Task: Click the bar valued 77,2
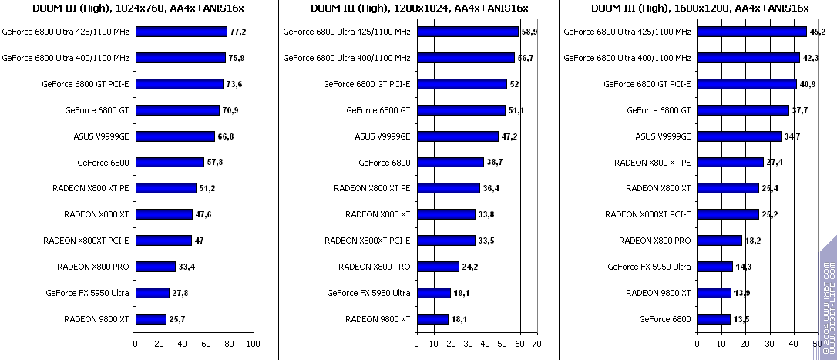(x=181, y=32)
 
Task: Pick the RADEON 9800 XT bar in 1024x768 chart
(x=151, y=319)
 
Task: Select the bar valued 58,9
(x=467, y=32)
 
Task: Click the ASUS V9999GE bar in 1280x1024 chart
(x=457, y=136)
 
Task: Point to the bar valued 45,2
(x=751, y=32)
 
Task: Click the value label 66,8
(x=226, y=136)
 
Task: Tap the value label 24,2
(x=469, y=267)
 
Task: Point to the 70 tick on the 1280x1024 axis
(x=537, y=344)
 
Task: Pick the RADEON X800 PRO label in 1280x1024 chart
(x=374, y=267)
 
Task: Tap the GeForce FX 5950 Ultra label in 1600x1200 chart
(x=649, y=267)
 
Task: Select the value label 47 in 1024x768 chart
(x=199, y=241)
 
